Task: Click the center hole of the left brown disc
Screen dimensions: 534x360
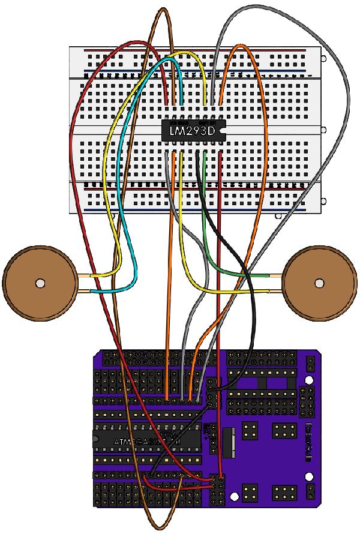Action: pos(40,282)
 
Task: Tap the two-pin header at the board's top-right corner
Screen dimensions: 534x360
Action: pos(311,363)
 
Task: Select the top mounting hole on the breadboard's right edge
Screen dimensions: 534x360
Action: pos(324,60)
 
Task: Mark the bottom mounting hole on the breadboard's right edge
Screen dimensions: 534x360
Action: pos(324,202)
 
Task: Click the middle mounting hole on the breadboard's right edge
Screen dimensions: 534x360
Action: pos(324,130)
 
